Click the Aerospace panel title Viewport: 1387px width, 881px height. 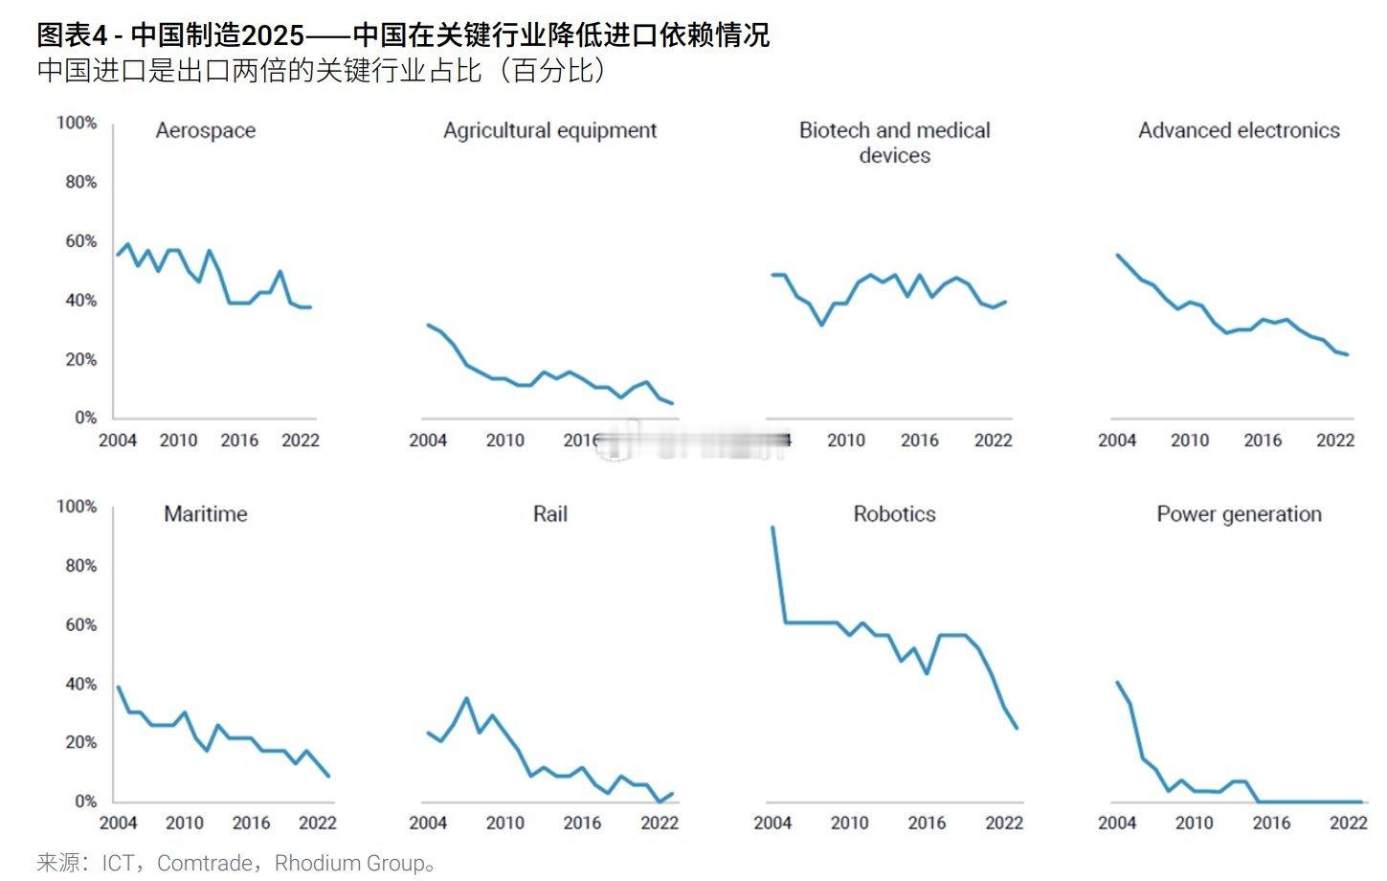205,130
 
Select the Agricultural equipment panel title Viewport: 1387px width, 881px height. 549,130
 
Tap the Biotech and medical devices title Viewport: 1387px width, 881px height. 894,143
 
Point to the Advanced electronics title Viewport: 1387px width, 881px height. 1239,130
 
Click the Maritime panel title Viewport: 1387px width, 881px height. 205,514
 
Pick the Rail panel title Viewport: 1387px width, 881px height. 549,514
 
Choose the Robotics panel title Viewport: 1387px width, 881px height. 894,514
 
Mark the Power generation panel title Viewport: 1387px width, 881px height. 1239,514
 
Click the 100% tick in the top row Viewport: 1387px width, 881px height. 77,123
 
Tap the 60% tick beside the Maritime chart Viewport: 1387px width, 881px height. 80,624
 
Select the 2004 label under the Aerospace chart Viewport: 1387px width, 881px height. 118,440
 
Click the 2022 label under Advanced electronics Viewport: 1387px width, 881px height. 1335,440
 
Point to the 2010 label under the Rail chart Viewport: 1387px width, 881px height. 504,824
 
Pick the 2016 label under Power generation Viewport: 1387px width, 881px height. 1271,824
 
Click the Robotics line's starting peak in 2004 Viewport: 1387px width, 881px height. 772,528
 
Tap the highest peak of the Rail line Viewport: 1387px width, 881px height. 466,698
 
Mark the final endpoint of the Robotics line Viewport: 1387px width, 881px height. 1017,729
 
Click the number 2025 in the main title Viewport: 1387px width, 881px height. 273,35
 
